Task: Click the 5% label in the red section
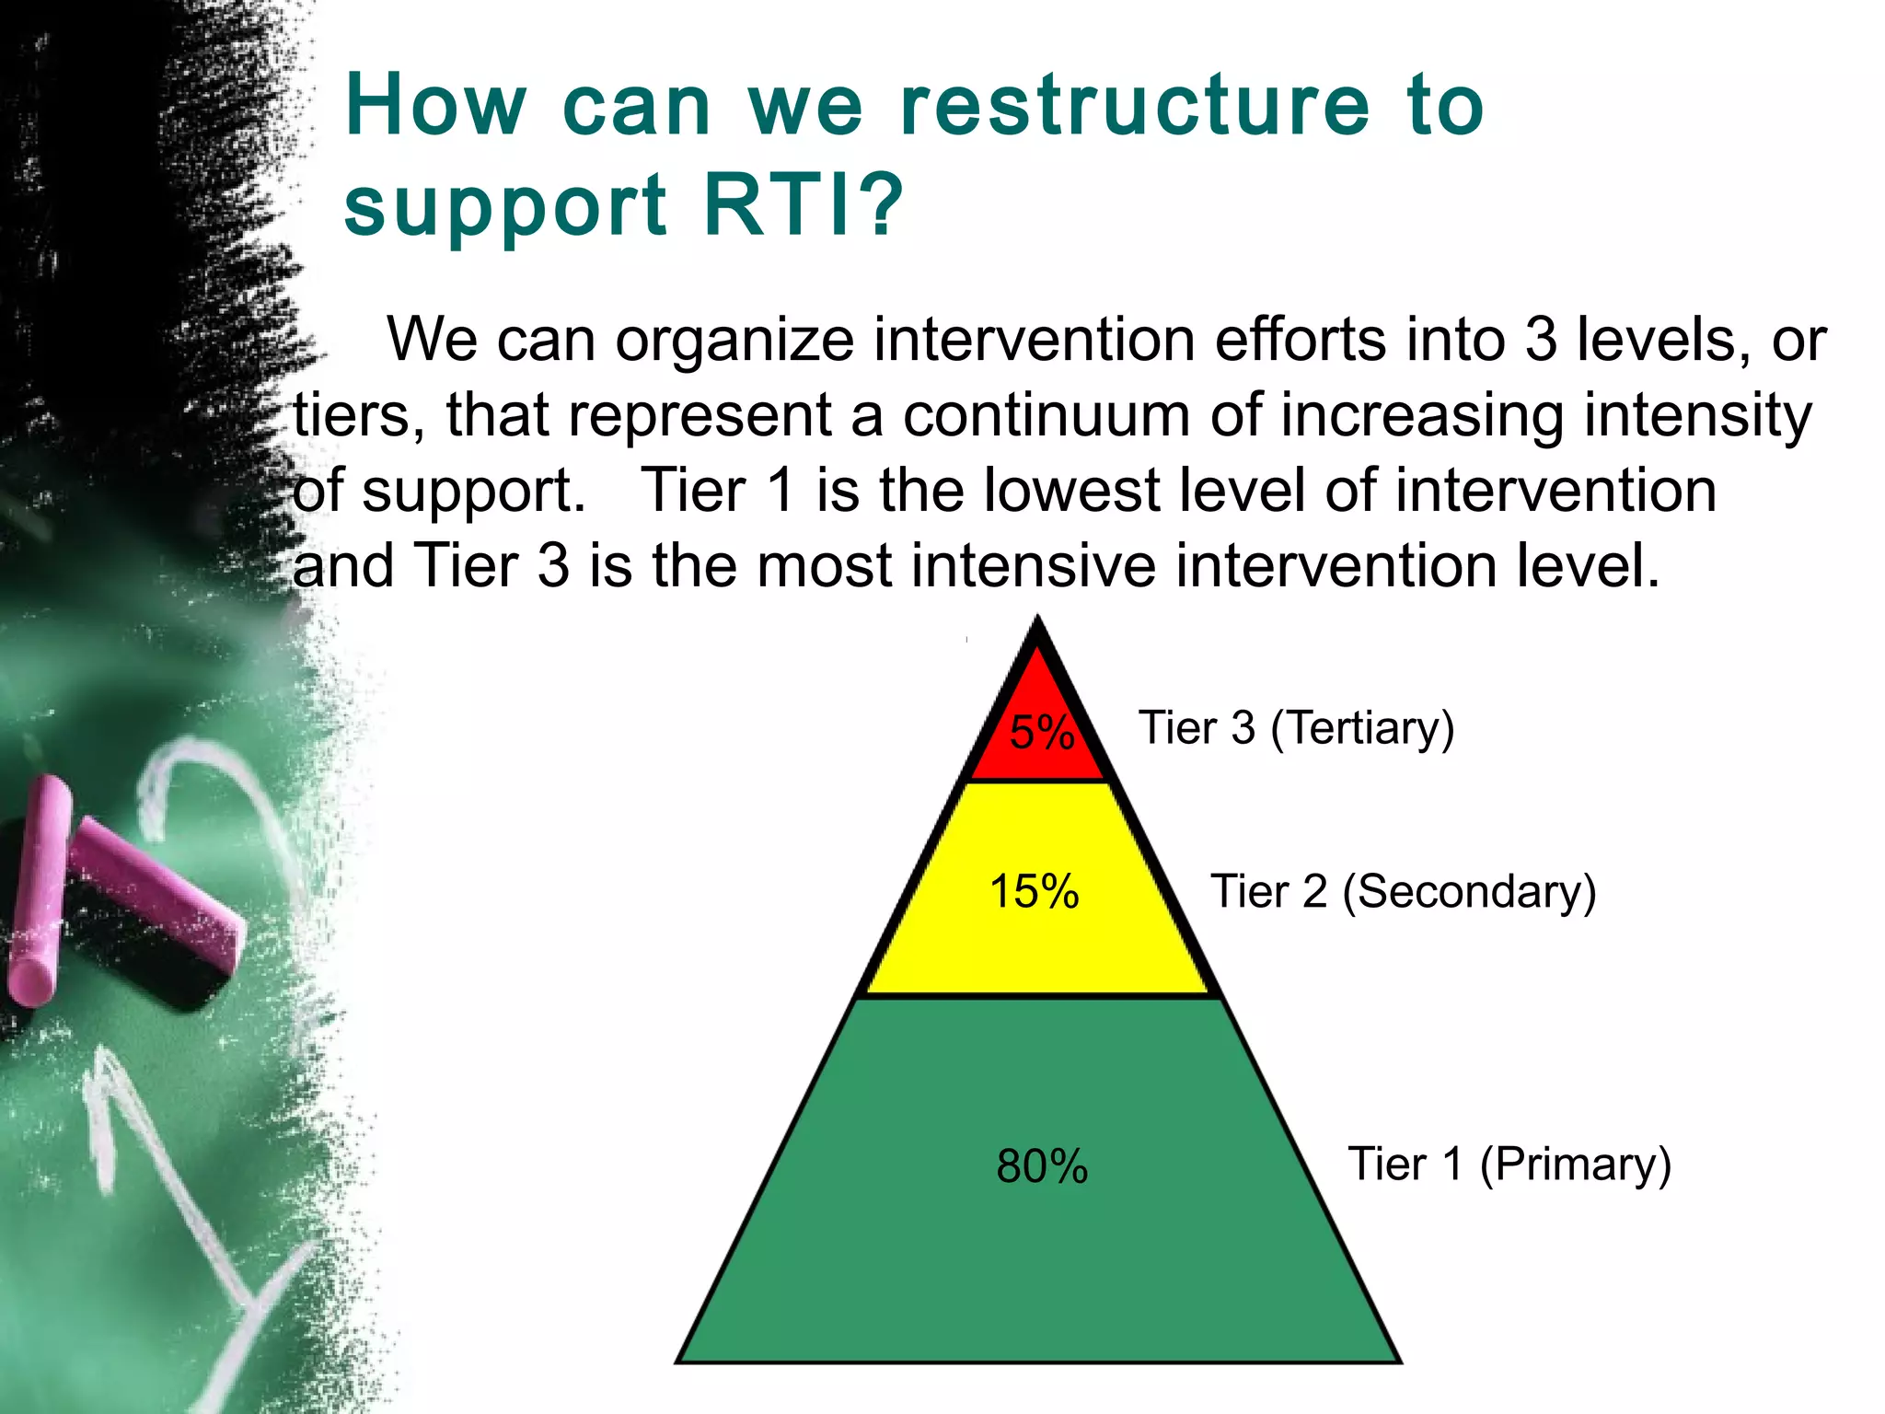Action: coord(1041,733)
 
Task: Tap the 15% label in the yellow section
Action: coord(1034,891)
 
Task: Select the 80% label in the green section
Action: coord(1042,1166)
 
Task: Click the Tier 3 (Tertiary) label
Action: coord(1296,728)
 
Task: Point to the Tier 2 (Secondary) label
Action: coord(1403,891)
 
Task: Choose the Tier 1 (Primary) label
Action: coord(1509,1164)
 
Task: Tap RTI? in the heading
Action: coord(803,204)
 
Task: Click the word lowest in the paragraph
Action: coord(1070,490)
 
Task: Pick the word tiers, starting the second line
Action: coord(360,415)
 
